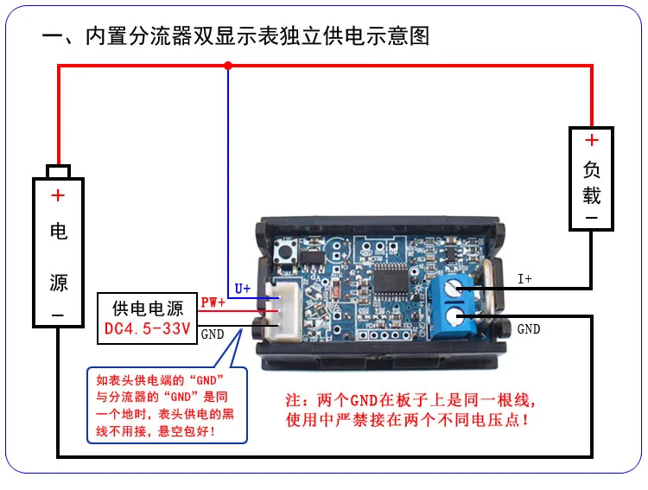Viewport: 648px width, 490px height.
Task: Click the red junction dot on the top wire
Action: coord(228,65)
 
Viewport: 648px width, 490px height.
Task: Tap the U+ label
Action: coord(243,289)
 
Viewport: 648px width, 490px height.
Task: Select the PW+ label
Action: coord(213,302)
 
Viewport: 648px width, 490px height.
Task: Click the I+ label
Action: coord(525,279)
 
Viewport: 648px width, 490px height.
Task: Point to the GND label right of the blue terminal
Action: coord(528,329)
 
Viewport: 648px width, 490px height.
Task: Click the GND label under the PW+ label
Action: coord(212,333)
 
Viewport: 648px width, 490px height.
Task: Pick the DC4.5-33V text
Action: coord(147,328)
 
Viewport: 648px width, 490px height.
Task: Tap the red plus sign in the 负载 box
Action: coord(591,141)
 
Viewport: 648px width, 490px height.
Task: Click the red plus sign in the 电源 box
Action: coord(58,196)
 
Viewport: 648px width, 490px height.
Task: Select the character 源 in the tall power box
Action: coord(58,283)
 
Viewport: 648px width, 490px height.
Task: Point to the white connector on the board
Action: coord(280,312)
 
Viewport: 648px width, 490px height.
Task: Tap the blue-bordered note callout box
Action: coord(167,406)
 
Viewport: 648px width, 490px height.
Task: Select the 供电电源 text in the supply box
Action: coord(148,307)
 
